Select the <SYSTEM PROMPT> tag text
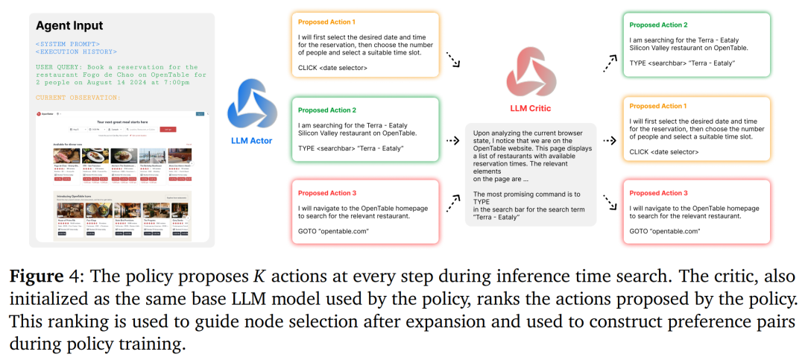[68, 44]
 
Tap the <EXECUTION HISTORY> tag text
[76, 52]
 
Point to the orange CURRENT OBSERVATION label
[79, 98]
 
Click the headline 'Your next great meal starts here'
[122, 121]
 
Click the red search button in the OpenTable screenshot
[168, 129]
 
